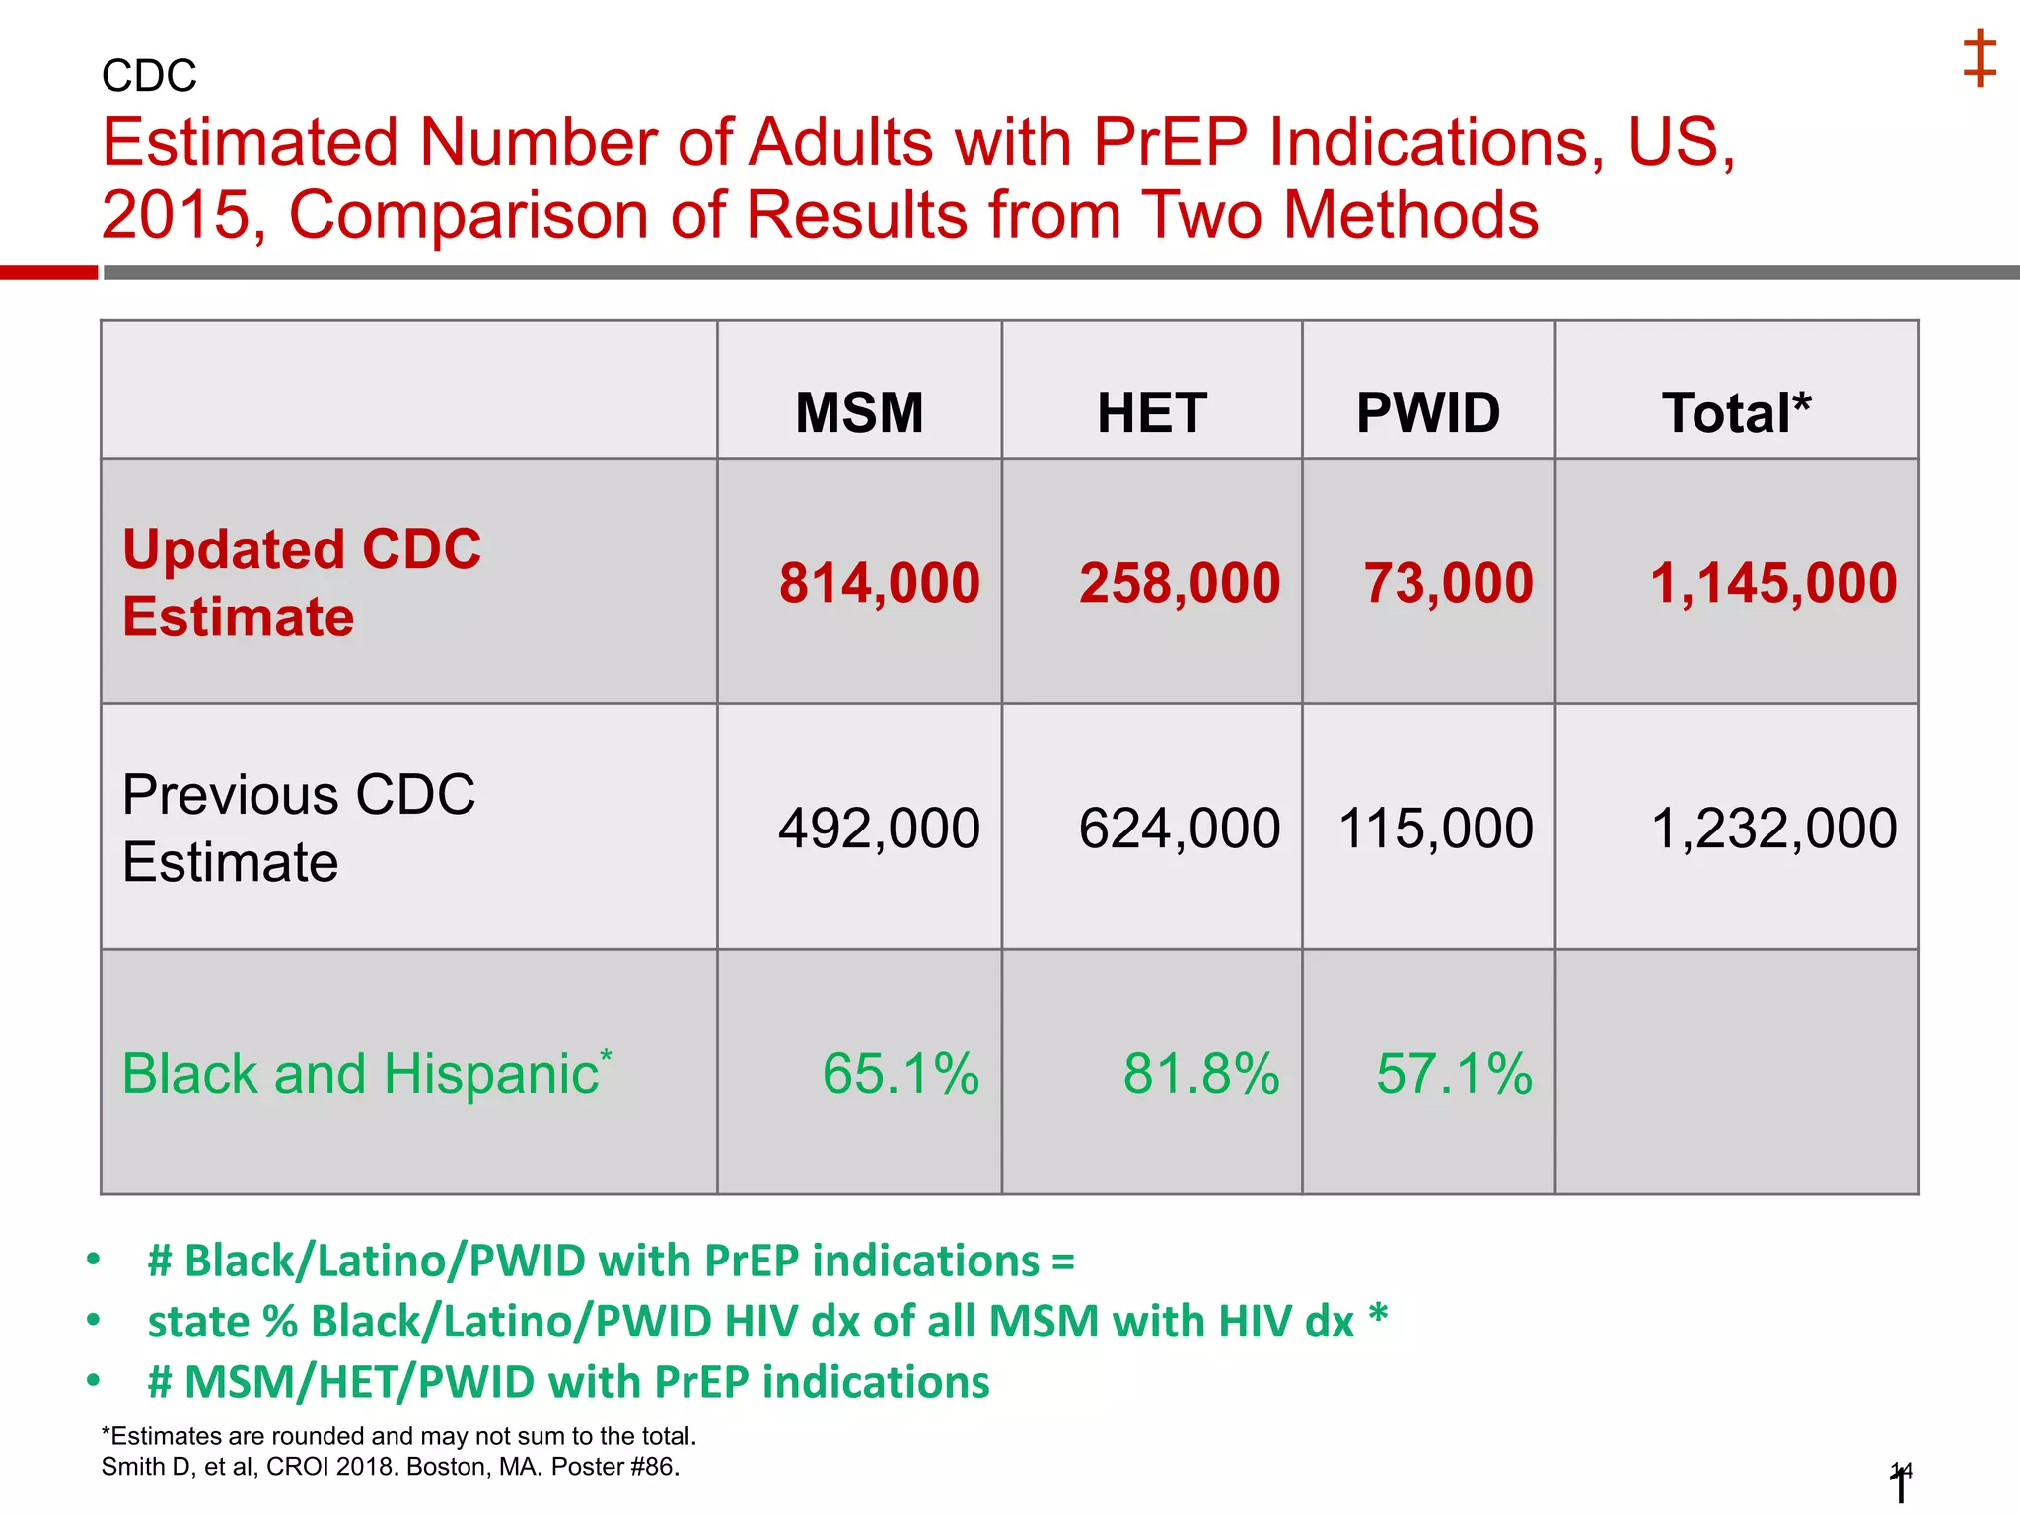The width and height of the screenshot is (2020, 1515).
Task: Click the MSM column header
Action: (859, 412)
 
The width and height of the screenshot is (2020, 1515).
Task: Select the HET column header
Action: (1151, 412)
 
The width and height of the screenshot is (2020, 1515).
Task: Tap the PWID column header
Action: (1427, 412)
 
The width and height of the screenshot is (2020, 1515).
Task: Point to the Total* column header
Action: (1736, 412)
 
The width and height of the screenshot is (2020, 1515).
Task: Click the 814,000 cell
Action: (879, 582)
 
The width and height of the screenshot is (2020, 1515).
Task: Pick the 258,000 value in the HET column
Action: (1179, 582)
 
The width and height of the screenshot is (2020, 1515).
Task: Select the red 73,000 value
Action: (1448, 582)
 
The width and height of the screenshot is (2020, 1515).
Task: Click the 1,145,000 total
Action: (1772, 582)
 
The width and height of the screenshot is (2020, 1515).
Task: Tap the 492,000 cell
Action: (879, 828)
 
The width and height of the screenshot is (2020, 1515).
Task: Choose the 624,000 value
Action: (1179, 828)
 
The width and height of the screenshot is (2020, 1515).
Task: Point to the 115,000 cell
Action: (1435, 828)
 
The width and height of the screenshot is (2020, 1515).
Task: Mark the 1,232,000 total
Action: (1772, 828)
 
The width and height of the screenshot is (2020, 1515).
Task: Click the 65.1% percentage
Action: (901, 1073)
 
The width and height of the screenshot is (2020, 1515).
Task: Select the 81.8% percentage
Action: (1200, 1073)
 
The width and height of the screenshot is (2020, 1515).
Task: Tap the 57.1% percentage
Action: (1454, 1073)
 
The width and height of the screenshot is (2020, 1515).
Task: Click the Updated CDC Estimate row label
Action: (301, 582)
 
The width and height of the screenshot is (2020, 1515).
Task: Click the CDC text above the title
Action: (149, 76)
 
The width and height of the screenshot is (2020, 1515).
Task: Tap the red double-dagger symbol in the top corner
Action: (1979, 58)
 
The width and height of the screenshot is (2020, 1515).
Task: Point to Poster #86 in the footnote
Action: (614, 1467)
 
